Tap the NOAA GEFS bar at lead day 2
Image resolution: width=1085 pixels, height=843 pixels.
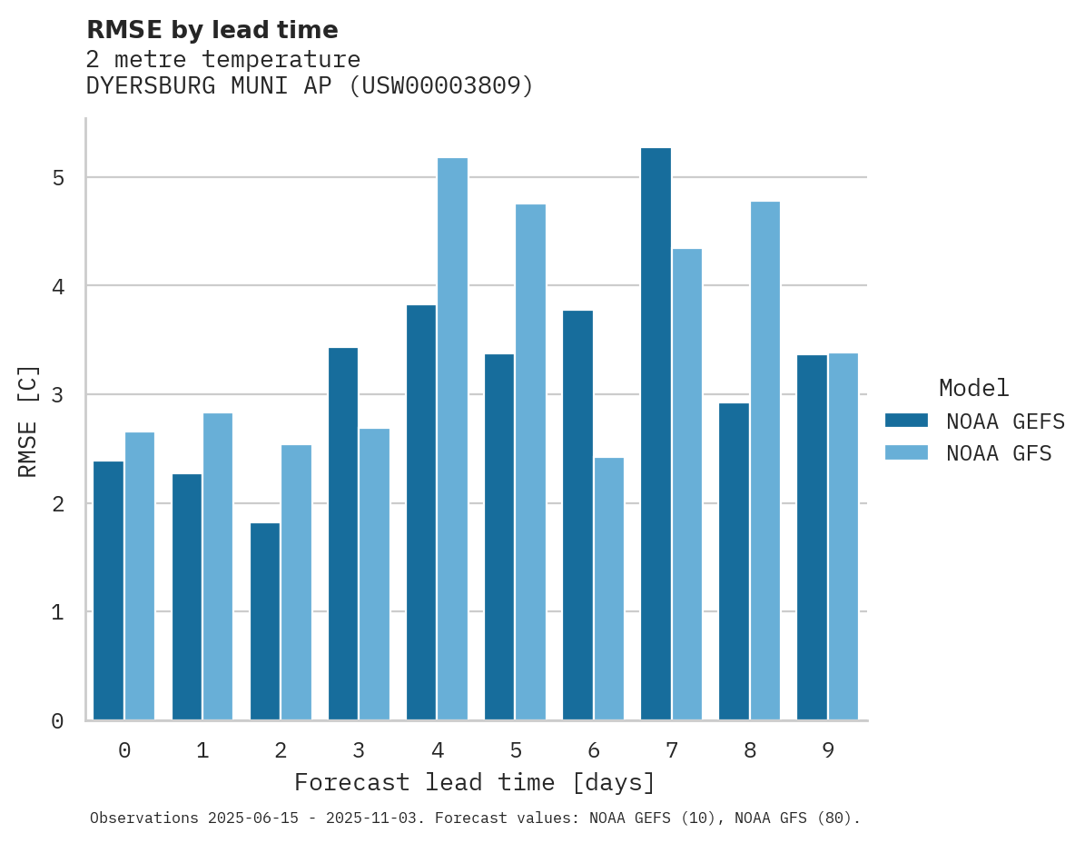click(265, 621)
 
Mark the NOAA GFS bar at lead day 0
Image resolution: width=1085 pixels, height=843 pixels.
click(140, 576)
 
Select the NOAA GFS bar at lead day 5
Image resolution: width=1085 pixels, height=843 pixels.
click(530, 462)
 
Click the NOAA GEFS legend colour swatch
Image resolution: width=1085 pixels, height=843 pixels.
click(906, 421)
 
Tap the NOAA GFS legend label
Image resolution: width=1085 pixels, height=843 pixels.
click(998, 453)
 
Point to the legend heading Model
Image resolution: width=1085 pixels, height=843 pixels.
click(973, 389)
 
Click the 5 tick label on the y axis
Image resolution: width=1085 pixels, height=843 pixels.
click(58, 178)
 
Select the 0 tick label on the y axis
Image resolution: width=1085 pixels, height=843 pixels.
click(58, 721)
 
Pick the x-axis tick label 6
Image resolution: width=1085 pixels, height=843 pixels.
click(594, 750)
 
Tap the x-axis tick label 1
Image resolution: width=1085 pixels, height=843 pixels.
click(202, 750)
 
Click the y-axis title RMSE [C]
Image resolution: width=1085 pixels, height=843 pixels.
click(28, 420)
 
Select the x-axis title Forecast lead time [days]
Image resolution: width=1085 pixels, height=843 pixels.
click(474, 783)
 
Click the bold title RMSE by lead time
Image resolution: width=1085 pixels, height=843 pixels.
click(212, 30)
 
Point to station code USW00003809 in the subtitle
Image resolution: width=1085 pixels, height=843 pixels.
click(440, 86)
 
